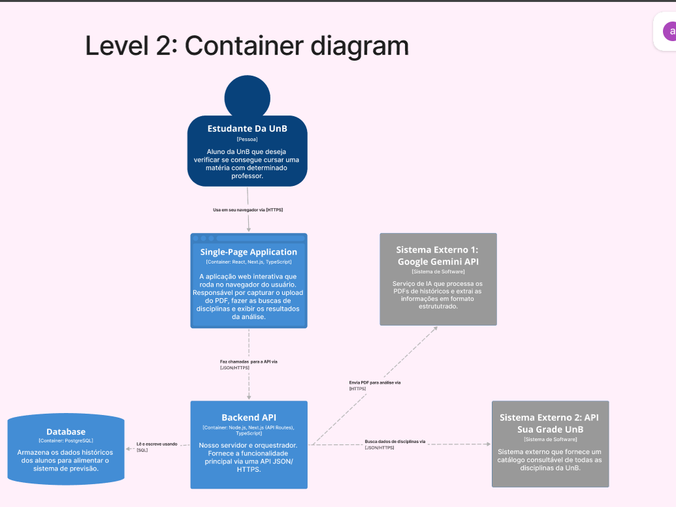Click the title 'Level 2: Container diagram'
click(x=247, y=46)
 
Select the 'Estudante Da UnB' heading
click(x=247, y=129)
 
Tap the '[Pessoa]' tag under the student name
click(x=247, y=139)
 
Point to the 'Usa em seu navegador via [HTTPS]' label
click(x=248, y=209)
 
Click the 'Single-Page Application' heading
click(x=249, y=252)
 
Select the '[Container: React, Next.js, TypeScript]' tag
click(x=249, y=262)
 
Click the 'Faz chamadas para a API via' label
click(x=253, y=361)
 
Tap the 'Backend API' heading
click(x=249, y=417)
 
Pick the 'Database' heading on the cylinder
click(x=66, y=431)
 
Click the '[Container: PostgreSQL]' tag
click(x=66, y=441)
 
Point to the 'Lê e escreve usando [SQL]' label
click(x=157, y=447)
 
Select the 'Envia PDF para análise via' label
click(x=375, y=382)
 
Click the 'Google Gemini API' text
click(x=438, y=262)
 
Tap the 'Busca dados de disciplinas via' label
click(x=395, y=442)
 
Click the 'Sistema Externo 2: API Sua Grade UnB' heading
click(x=549, y=423)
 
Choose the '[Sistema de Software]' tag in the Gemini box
click(x=438, y=271)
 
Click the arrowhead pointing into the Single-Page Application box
click(x=249, y=229)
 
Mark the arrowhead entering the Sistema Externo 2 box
click(x=488, y=444)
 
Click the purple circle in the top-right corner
click(x=669, y=31)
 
